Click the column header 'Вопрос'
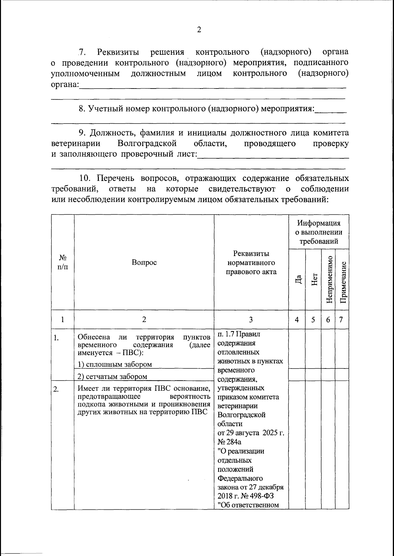144,262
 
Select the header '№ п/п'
63,262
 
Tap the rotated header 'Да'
298,279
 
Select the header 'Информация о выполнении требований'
319,232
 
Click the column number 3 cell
251,320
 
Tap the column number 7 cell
341,320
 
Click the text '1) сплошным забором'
115,364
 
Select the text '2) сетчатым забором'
112,377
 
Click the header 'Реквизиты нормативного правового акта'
251,262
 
